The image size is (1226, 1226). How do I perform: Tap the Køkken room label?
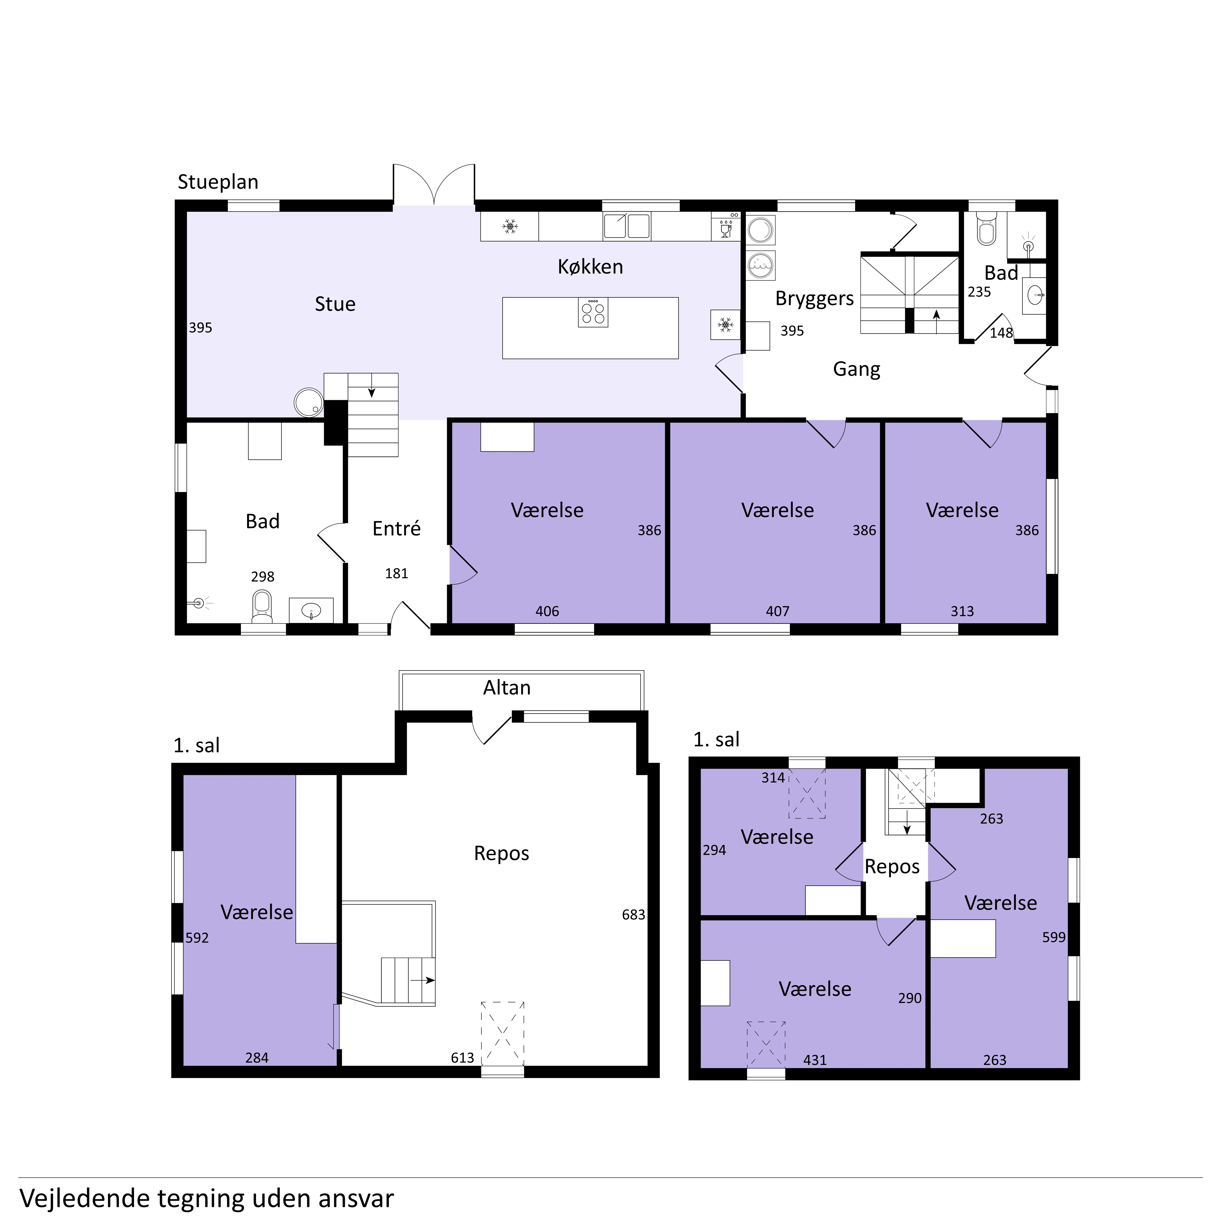[x=590, y=266]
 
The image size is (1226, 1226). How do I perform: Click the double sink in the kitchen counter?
[x=627, y=226]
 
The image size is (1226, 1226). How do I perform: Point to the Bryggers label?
[x=815, y=298]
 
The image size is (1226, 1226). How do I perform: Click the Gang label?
[x=857, y=369]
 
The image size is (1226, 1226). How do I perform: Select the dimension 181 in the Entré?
[x=397, y=574]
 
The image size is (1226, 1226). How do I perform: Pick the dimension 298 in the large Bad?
[x=263, y=577]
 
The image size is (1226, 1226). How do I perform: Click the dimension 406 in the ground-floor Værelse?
[x=547, y=612]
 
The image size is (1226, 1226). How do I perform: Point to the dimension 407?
[x=777, y=612]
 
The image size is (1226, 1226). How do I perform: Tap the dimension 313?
[x=962, y=612]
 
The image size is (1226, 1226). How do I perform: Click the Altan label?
[x=507, y=688]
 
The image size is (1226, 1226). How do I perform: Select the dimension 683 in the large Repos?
[x=633, y=915]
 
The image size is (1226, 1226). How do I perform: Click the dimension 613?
[x=463, y=1058]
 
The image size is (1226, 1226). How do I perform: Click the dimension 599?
[x=1054, y=937]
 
